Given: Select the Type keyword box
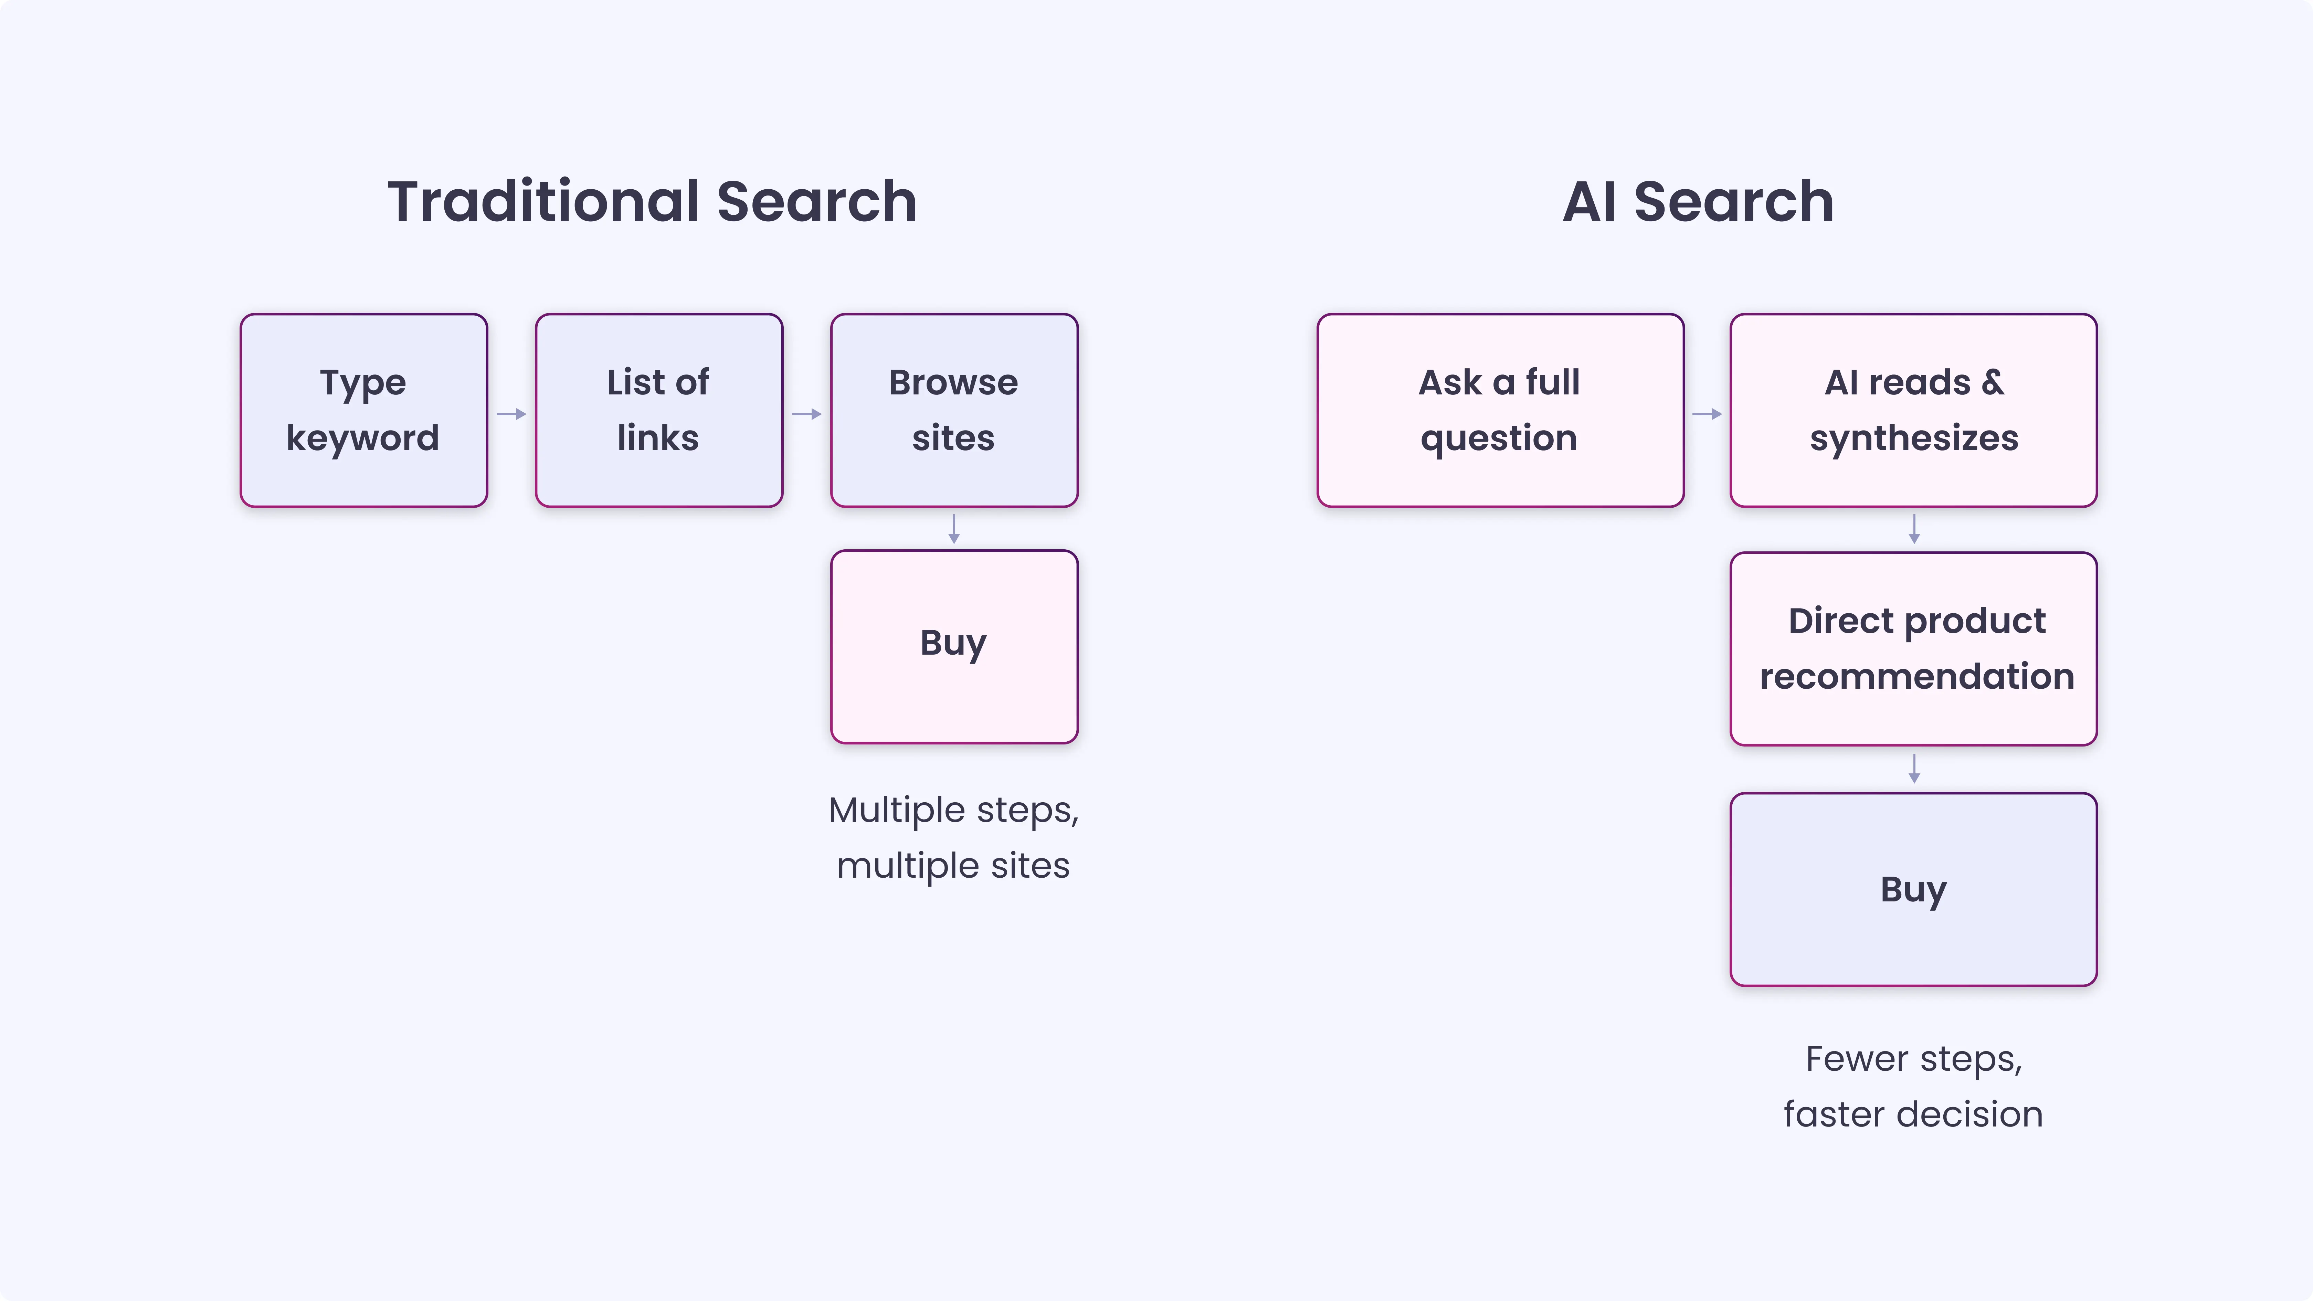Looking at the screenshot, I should (x=364, y=410).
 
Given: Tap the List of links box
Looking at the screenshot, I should (x=658, y=410).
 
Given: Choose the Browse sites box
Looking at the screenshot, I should (x=953, y=410).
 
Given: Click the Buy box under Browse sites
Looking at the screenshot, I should (x=953, y=646).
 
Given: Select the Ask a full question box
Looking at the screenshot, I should (x=1500, y=410).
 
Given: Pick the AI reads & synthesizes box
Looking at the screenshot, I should (x=1913, y=410).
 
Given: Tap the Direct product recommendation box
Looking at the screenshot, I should (x=1913, y=648).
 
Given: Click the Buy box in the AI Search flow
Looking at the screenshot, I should (x=1913, y=889).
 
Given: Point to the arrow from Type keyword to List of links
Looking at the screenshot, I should (x=511, y=414).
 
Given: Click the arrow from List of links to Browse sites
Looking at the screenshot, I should (x=806, y=414).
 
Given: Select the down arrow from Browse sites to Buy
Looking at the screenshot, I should (x=953, y=529).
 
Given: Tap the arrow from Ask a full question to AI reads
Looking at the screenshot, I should (x=1706, y=414).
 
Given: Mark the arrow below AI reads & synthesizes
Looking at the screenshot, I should (x=1913, y=529).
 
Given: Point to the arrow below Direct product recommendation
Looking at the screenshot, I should (x=1913, y=769).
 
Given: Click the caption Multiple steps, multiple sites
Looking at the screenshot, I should (x=953, y=838).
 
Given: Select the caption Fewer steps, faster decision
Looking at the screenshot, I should (x=1913, y=1087).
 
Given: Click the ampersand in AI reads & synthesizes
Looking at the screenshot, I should (x=1993, y=382).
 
